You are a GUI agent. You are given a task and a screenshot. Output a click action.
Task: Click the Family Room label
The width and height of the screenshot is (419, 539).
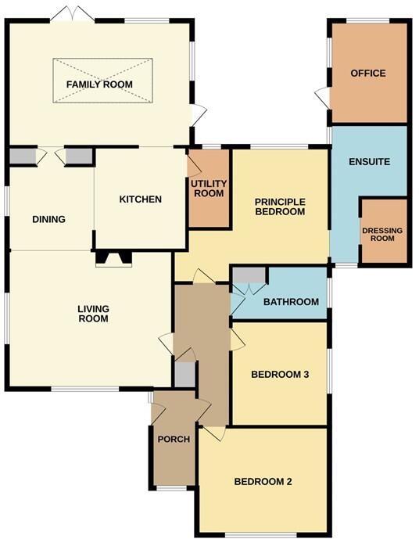tap(99, 84)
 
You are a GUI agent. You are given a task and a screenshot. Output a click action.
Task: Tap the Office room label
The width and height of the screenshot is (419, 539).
tap(368, 74)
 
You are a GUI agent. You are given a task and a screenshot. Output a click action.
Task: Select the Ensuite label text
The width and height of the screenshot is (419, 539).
tap(369, 162)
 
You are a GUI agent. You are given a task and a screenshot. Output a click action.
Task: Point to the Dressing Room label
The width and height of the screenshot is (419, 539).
tap(383, 234)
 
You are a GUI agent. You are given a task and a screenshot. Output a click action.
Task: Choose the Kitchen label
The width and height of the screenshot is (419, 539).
tap(140, 199)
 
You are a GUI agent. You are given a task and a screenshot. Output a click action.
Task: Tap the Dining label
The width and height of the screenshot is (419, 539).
tap(48, 220)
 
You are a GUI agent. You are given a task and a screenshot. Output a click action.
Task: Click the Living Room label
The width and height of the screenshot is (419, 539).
tap(92, 314)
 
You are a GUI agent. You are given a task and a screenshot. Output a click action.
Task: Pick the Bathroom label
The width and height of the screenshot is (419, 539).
tap(291, 302)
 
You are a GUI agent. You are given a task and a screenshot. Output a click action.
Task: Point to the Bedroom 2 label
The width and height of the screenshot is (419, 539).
tap(263, 481)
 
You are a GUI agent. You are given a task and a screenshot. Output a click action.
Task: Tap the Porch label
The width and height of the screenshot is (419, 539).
tap(174, 439)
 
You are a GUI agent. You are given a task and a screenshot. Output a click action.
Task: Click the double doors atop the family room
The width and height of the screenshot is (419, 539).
tap(66, 15)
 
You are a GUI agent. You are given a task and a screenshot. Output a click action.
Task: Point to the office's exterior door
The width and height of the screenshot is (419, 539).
tap(323, 99)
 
